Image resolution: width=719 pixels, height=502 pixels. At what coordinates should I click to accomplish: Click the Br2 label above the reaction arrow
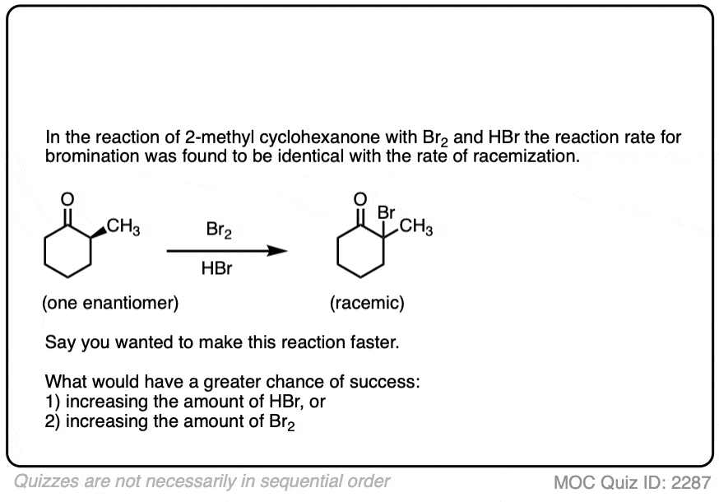click(219, 230)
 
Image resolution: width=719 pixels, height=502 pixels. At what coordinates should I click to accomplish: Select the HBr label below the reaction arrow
click(216, 268)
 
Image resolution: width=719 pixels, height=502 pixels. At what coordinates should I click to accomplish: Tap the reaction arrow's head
click(277, 250)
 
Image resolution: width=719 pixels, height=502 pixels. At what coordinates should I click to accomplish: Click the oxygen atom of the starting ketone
click(67, 199)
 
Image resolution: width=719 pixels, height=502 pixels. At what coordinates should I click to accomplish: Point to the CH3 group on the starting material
click(123, 226)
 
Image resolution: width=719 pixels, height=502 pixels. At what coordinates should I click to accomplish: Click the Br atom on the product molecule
click(386, 212)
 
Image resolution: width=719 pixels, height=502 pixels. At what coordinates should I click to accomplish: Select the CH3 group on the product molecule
click(416, 226)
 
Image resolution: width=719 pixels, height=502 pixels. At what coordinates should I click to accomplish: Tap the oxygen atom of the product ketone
click(360, 199)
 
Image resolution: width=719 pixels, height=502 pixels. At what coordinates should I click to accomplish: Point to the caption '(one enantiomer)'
click(110, 303)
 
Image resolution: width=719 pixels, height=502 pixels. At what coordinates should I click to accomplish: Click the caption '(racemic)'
click(367, 303)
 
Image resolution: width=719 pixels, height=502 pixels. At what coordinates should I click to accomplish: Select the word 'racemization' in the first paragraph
click(526, 156)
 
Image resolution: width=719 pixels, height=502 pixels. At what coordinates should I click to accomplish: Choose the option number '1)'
click(53, 402)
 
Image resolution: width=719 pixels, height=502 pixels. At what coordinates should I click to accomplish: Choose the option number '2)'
click(53, 421)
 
